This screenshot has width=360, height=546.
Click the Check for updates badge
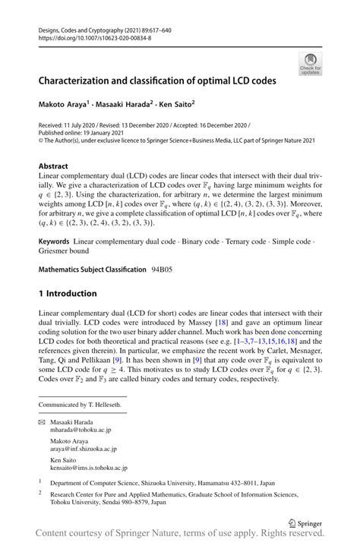[309, 63]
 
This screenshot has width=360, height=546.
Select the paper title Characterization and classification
[158, 78]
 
